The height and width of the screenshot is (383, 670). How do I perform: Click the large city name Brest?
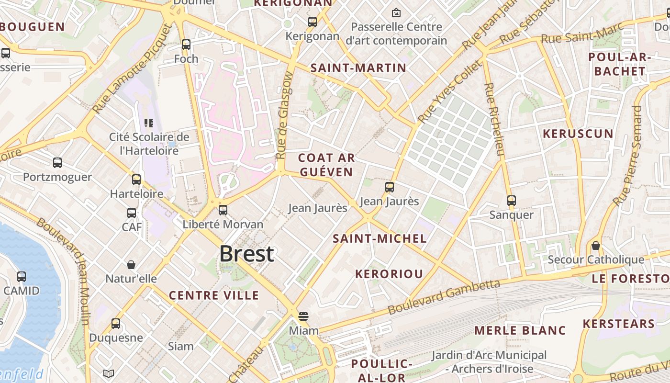[247, 254]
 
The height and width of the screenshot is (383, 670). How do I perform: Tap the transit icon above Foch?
[186, 45]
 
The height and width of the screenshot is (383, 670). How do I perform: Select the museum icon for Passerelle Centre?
[396, 12]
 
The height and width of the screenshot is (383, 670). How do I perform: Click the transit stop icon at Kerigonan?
[313, 22]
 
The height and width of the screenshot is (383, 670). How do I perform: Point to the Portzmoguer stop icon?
[57, 163]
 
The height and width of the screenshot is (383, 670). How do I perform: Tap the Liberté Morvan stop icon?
[223, 210]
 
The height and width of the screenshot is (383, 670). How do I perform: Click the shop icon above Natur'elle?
[131, 265]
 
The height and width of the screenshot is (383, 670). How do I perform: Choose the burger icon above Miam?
[303, 316]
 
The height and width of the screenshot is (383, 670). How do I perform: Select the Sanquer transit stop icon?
[512, 200]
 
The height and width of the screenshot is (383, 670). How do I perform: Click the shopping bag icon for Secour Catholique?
[596, 246]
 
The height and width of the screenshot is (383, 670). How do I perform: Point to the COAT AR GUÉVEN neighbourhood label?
[326, 165]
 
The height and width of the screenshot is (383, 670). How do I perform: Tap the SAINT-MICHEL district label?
[380, 238]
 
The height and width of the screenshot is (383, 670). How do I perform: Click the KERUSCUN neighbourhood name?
[578, 134]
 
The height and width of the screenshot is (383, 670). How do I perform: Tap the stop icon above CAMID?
[22, 276]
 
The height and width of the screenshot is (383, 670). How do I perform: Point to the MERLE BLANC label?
[520, 330]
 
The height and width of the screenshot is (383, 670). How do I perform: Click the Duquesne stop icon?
[116, 323]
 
